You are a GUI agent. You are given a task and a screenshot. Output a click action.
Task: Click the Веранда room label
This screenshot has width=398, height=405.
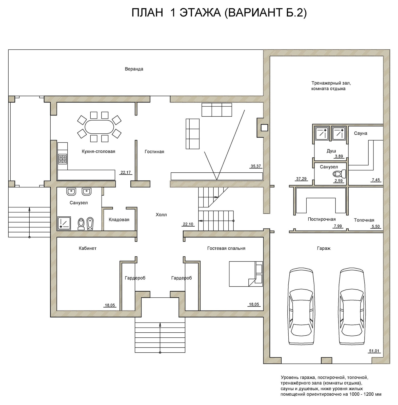pos(134,69)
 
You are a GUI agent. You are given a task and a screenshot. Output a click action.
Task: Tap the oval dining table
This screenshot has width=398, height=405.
pos(99,127)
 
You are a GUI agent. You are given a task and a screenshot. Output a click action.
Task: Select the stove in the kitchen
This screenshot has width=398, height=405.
pos(63,158)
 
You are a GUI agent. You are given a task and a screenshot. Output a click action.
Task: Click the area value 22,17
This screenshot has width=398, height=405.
pos(126,173)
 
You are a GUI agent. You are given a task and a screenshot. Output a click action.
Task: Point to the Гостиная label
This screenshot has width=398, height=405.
pos(154,152)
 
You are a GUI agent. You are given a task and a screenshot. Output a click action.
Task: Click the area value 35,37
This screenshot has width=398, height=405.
pos(256,166)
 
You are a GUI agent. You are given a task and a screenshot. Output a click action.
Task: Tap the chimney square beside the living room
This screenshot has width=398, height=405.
pos(264,128)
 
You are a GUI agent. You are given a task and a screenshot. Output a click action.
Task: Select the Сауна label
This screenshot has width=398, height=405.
pos(361,133)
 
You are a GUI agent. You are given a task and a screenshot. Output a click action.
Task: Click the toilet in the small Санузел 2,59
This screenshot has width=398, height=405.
pos(339,174)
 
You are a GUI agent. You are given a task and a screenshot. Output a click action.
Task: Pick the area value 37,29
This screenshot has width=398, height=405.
pos(301,179)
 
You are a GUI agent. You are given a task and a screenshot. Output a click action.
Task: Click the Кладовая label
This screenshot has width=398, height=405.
pos(119,220)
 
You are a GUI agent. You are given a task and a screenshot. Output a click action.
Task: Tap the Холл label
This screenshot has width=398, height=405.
pos(161,215)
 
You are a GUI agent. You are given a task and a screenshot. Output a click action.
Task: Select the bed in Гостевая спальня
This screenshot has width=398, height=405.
pos(246,274)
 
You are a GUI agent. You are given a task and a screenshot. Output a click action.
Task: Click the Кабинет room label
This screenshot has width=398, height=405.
pos(88,248)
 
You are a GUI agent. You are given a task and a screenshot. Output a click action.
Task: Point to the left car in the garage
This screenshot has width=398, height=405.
pos(302,306)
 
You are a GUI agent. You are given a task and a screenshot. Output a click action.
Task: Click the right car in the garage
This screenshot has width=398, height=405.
pos(352,306)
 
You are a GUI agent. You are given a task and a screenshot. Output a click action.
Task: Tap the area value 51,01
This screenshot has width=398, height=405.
pos(374,351)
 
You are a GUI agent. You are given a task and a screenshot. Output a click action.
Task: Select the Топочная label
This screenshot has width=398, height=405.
pos(364,220)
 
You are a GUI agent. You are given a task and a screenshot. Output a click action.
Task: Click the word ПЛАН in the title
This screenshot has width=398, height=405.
pos(147,13)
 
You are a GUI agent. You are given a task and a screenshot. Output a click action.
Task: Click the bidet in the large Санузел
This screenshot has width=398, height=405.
pos(90,224)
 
